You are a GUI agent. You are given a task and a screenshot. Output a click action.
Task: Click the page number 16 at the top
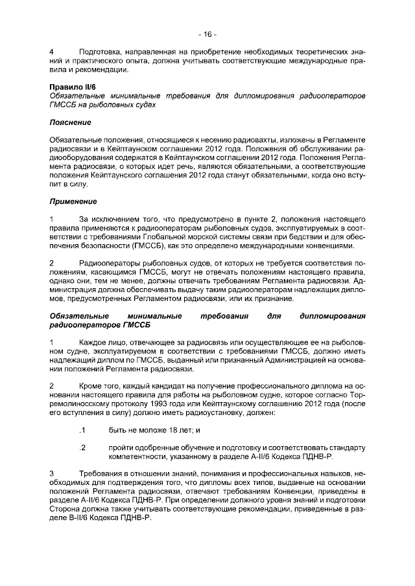[x=207, y=34]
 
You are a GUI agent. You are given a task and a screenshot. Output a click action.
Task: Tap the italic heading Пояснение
[x=70, y=122]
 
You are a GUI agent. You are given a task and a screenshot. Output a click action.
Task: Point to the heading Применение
[x=73, y=201]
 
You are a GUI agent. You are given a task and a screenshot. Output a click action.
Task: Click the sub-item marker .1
[x=81, y=430]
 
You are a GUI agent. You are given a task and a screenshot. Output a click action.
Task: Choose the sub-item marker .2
[x=81, y=447]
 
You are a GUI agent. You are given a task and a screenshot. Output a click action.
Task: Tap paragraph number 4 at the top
[x=52, y=51]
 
